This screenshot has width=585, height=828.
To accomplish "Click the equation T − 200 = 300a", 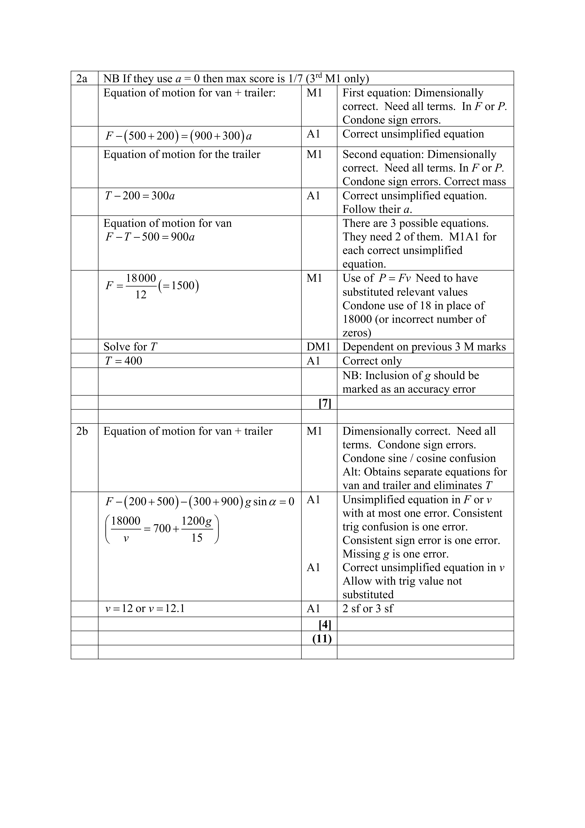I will click(x=140, y=196).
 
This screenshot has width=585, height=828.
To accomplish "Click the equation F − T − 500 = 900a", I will click(x=150, y=237).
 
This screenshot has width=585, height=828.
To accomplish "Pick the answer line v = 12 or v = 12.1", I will click(x=145, y=609).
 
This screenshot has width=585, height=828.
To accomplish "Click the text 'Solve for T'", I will click(x=130, y=347).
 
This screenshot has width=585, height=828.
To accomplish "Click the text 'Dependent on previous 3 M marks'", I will click(x=424, y=347).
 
